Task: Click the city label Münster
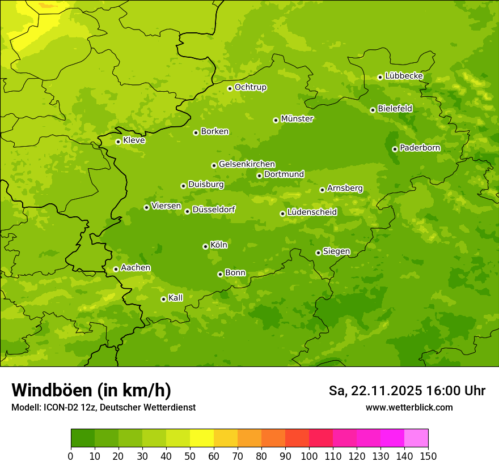297,119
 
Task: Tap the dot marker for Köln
205,246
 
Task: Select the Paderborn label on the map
420,148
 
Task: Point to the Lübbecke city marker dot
380,77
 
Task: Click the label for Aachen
136,267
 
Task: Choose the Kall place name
176,298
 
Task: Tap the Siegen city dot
319,253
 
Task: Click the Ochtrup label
251,87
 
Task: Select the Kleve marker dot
118,142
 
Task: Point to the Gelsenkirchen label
247,164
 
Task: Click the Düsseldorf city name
214,210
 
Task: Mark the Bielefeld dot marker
373,110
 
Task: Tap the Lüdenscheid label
312,212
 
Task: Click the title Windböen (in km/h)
91,390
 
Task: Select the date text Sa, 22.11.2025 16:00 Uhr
407,391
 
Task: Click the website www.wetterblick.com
409,407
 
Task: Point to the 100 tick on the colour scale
309,456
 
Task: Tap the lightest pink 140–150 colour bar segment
416,438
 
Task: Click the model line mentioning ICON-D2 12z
103,408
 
